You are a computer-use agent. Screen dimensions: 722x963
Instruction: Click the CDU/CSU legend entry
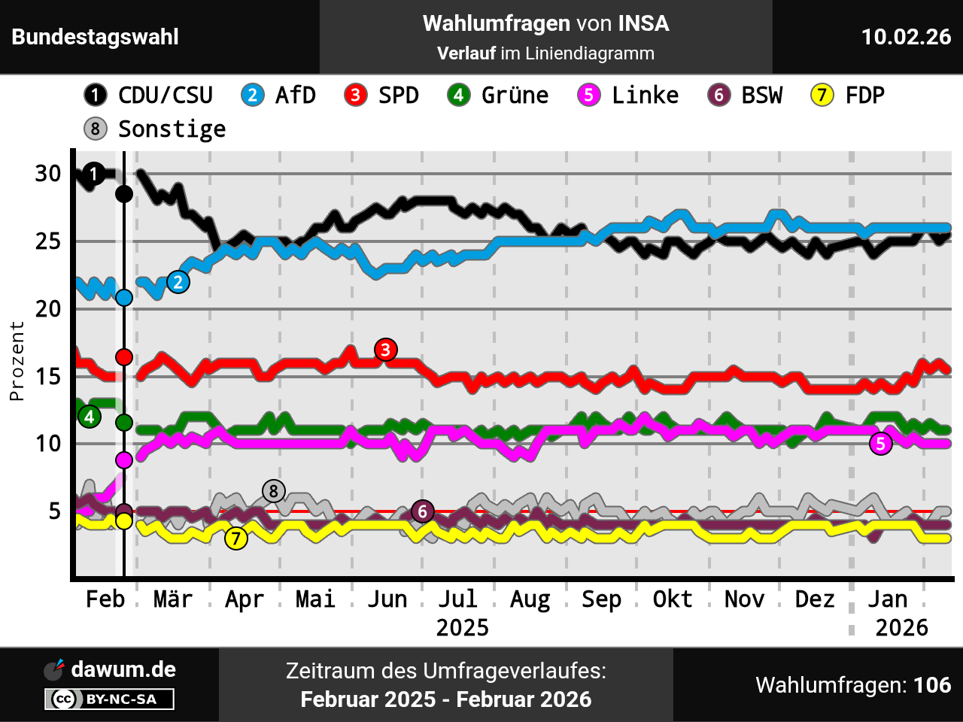click(x=149, y=96)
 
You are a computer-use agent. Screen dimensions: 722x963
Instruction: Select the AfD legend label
click(x=279, y=96)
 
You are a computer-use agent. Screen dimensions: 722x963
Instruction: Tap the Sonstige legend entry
click(x=156, y=129)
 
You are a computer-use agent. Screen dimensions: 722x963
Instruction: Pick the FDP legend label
click(x=848, y=96)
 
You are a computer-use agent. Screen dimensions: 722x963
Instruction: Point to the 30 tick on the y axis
click(x=48, y=174)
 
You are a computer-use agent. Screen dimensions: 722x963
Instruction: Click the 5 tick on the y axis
click(x=54, y=511)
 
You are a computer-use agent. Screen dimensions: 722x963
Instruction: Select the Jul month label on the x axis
click(x=458, y=599)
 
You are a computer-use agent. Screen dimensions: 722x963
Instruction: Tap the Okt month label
click(x=672, y=599)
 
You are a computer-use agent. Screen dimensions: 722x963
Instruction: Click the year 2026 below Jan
click(x=901, y=627)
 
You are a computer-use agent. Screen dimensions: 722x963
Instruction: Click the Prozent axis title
click(x=17, y=361)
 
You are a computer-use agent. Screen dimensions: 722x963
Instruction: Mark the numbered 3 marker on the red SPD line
click(x=386, y=350)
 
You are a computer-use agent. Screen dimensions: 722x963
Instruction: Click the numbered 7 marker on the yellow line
click(x=236, y=538)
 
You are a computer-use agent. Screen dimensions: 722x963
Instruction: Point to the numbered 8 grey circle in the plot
click(x=274, y=492)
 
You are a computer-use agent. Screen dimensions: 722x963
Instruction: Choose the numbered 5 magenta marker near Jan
click(x=881, y=444)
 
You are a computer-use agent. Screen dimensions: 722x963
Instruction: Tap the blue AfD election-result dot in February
click(x=124, y=298)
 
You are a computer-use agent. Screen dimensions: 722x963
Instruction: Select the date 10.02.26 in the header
click(x=906, y=37)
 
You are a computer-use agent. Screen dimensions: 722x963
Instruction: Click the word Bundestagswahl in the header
click(x=96, y=37)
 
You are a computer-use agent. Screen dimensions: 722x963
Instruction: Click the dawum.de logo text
click(x=123, y=669)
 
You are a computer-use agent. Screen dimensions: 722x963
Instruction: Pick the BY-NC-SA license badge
click(x=110, y=699)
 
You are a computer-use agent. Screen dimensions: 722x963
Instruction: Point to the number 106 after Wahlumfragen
click(x=932, y=685)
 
